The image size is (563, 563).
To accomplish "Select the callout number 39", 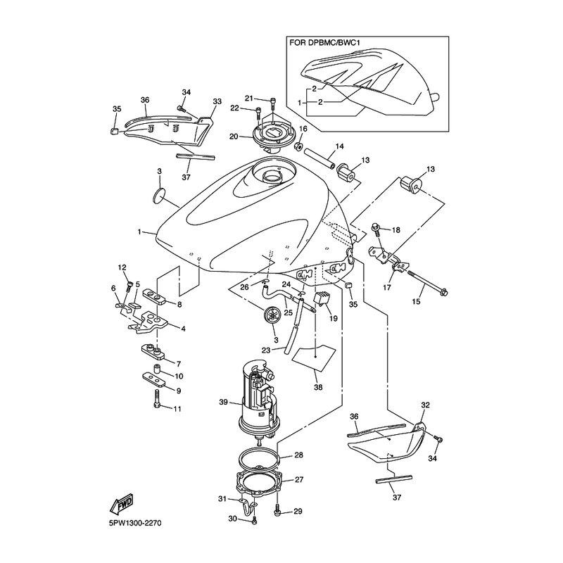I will tap(224, 403).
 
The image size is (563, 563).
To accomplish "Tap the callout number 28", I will tap(298, 455).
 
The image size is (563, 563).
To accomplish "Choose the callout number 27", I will tap(298, 480).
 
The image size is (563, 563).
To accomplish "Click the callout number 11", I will tap(177, 408).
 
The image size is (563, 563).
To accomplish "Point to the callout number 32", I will tap(424, 405).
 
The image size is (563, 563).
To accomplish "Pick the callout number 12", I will tap(122, 267).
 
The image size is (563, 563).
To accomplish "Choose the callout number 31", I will tap(222, 499).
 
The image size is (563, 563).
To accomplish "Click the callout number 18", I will tap(396, 230).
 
